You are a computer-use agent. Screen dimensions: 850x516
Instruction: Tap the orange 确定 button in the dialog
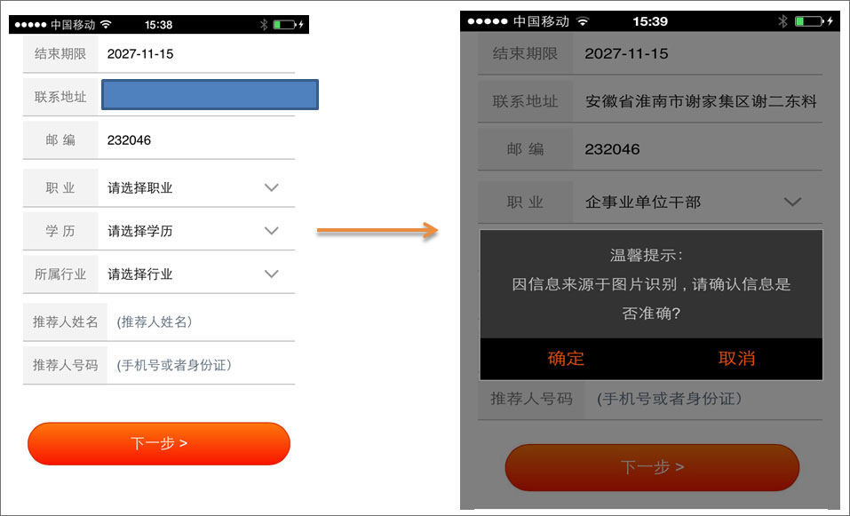coord(566,358)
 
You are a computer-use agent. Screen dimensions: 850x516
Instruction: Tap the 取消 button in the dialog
coord(736,358)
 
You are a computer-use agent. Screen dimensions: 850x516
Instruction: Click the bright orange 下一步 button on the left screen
coord(159,443)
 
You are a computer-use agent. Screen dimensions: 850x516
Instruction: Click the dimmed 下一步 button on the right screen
coord(652,467)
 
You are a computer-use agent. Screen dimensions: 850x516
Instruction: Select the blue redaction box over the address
coord(210,95)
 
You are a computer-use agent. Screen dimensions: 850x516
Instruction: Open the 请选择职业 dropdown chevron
coord(271,187)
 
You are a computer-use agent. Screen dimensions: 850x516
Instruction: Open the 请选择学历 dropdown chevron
coord(271,231)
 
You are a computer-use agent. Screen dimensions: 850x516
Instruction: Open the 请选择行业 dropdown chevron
coord(271,274)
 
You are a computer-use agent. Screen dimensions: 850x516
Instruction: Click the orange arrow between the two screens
coord(377,231)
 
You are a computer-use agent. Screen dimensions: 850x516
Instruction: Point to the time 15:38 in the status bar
coord(158,25)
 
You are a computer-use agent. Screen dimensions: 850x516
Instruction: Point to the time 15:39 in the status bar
coord(650,21)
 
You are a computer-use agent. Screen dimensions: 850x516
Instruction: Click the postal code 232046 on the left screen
coord(129,140)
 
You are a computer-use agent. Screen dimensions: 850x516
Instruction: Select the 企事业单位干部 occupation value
coord(643,202)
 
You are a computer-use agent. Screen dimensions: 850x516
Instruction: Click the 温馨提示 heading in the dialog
coord(647,255)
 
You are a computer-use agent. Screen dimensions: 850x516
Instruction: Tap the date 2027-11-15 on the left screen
coord(140,53)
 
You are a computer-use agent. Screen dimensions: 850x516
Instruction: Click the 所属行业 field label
coord(60,274)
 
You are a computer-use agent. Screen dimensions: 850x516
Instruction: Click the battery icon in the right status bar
coord(809,21)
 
